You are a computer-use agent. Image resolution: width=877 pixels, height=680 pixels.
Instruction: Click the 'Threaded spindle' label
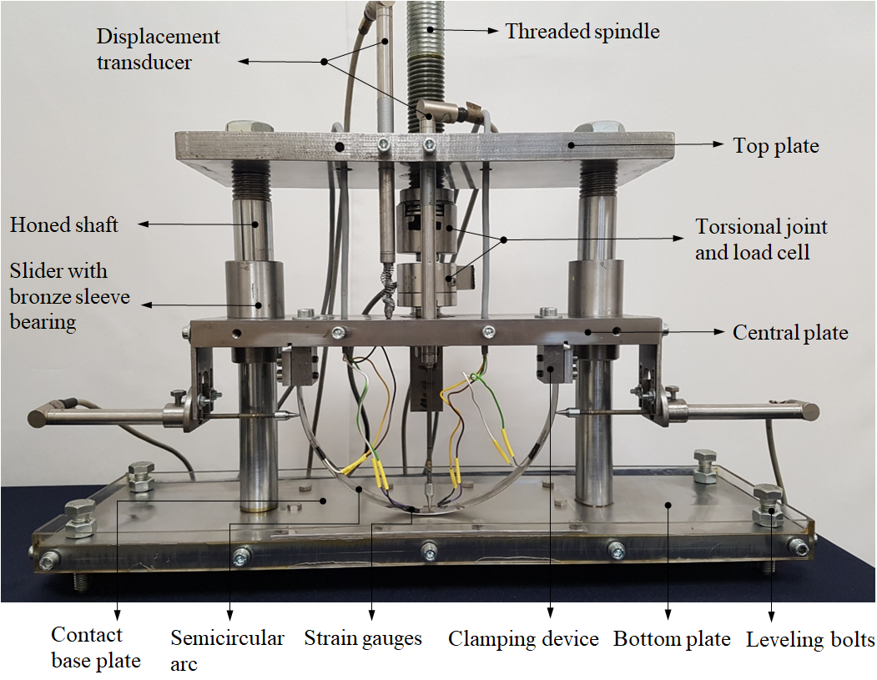(582, 32)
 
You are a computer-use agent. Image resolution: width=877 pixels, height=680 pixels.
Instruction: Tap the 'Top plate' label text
(776, 146)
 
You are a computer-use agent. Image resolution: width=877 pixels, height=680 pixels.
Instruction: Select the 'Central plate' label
(790, 333)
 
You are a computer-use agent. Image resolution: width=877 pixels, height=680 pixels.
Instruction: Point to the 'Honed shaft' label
(63, 224)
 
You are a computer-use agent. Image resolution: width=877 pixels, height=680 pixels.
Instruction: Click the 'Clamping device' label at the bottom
(523, 638)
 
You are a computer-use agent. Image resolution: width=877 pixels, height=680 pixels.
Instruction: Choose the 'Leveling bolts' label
(810, 640)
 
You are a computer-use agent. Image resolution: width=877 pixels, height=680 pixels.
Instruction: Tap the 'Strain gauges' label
(363, 638)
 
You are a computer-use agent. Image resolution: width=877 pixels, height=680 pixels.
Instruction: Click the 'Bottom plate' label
(672, 638)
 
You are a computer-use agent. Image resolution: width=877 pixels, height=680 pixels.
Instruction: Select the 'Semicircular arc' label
(227, 650)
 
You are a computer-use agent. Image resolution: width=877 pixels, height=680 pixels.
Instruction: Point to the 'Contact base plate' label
(96, 647)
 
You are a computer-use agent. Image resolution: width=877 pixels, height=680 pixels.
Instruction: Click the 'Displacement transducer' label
(159, 49)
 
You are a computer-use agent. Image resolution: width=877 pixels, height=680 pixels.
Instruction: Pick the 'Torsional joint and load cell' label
(761, 239)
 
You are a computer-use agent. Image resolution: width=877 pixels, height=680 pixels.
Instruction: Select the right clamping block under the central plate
(555, 364)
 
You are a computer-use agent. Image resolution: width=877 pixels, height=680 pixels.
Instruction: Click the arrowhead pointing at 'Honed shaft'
(144, 224)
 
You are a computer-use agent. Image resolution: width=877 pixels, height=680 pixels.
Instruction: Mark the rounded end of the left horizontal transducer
(35, 416)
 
